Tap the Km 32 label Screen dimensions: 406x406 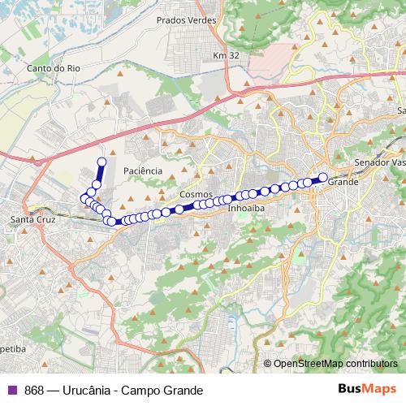pyautogui.click(x=226, y=55)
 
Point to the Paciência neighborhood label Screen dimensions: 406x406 pyautogui.click(x=144, y=171)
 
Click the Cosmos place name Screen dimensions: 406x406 pyautogui.click(x=197, y=196)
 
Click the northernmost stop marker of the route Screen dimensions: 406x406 pyautogui.click(x=101, y=162)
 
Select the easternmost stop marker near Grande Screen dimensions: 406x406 pyautogui.click(x=322, y=177)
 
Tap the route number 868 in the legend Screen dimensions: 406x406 pyautogui.click(x=34, y=390)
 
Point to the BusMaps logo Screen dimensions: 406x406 pyautogui.click(x=369, y=389)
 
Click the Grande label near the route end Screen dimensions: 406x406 pyautogui.click(x=342, y=183)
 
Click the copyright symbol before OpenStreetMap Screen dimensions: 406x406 pyautogui.click(x=268, y=363)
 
